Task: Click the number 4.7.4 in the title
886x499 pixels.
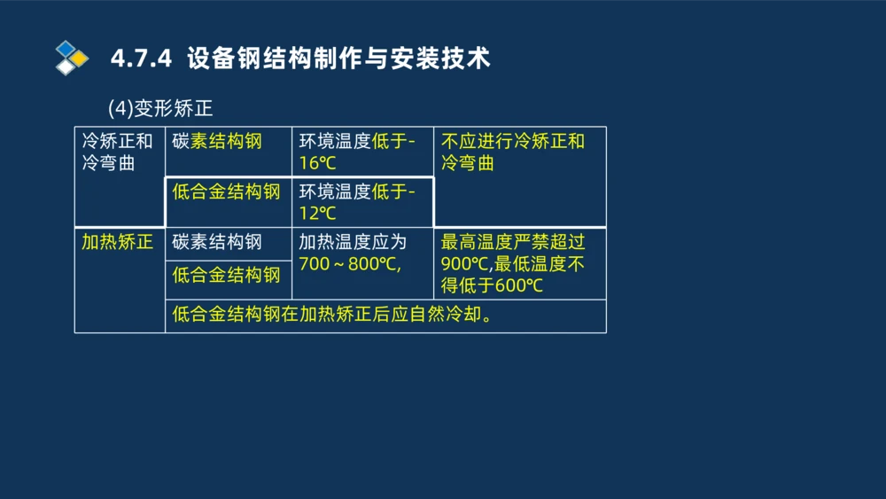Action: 140,59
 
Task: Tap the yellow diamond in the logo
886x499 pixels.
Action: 79,58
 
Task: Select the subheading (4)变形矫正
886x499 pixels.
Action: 160,109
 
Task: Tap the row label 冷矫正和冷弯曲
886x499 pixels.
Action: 117,152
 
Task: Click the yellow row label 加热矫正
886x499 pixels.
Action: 117,242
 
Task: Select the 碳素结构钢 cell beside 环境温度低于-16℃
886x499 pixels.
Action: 217,141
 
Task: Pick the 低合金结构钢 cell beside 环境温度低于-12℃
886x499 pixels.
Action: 226,191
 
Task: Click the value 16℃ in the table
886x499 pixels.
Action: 317,164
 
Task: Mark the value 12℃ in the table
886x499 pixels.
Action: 317,214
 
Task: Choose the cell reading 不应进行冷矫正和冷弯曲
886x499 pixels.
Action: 513,152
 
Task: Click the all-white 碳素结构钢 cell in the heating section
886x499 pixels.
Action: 217,242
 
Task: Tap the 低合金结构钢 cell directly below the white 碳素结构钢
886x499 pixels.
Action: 226,275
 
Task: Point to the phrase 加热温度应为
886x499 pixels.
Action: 352,242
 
